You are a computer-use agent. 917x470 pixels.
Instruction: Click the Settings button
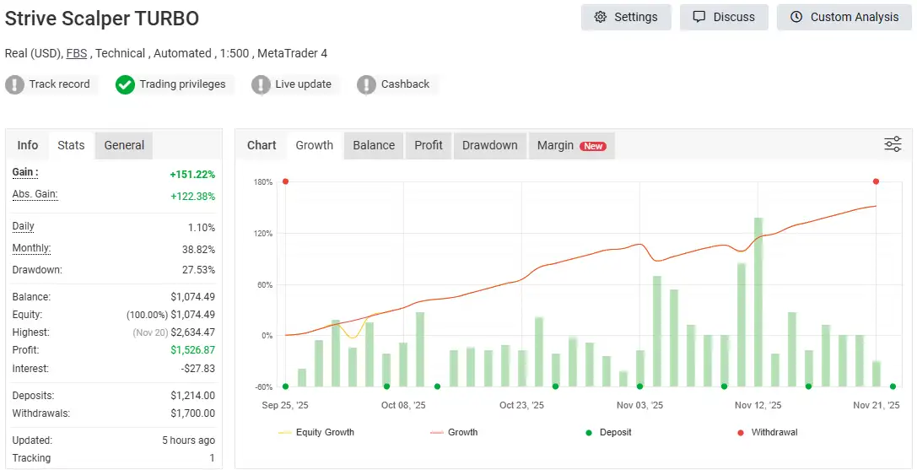tap(625, 17)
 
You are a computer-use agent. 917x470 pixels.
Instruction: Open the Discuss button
tap(723, 17)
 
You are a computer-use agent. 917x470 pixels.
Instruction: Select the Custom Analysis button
tap(844, 17)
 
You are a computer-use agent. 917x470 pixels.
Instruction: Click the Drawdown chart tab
tap(489, 145)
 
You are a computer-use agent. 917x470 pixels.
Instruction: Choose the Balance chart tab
tap(374, 145)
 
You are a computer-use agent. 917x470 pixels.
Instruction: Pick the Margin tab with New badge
tap(570, 145)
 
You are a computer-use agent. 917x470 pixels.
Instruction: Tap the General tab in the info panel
tap(124, 145)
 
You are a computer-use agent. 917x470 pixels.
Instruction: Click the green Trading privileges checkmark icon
tap(125, 84)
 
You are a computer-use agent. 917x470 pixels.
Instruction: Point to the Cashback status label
tap(405, 84)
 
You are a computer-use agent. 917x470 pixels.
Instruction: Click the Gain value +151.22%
tap(192, 175)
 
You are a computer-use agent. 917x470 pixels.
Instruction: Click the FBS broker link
tap(77, 53)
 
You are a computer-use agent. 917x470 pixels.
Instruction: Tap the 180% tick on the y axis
tap(263, 182)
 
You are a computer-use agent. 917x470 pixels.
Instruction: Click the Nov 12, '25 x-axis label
tap(758, 405)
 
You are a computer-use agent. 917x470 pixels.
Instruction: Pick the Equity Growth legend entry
tap(325, 432)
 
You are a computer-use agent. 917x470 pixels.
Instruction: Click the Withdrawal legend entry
tap(774, 432)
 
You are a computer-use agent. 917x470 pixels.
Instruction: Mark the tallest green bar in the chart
tap(758, 301)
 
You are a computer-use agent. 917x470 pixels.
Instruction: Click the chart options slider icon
tap(893, 144)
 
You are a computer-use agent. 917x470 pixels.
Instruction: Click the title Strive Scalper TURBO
tap(102, 19)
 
